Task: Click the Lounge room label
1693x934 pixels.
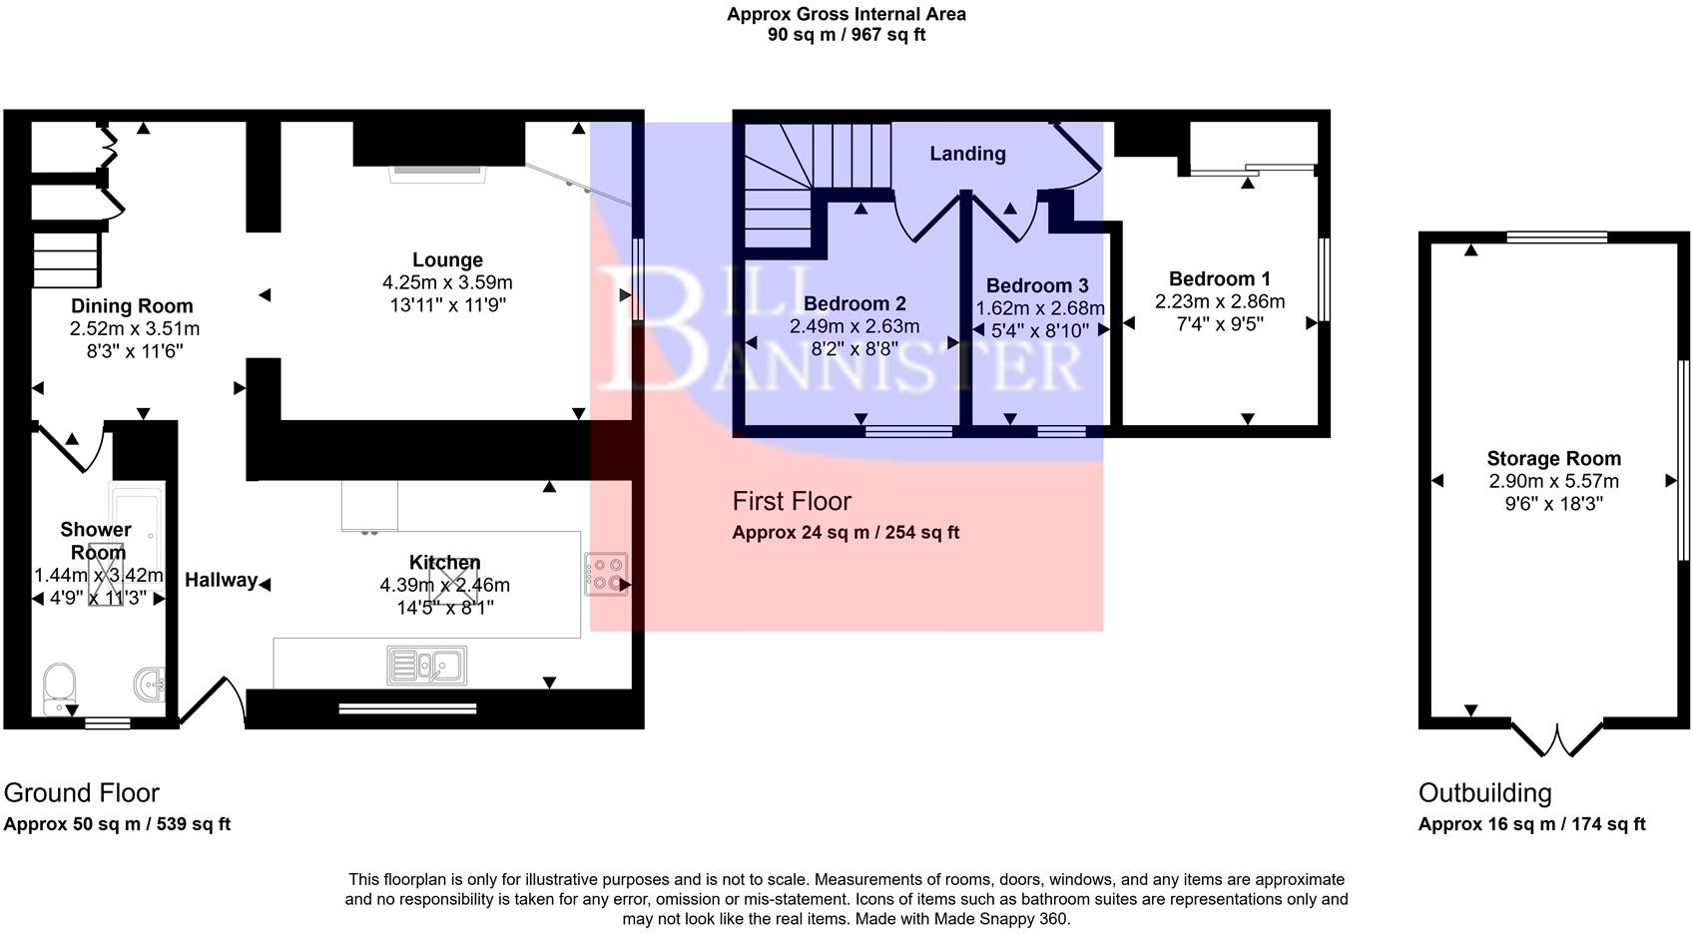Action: point(447,260)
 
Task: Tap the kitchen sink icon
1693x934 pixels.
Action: point(426,666)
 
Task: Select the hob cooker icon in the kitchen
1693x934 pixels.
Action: point(606,575)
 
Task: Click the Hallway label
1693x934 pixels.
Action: point(221,581)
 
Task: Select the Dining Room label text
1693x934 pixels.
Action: point(132,306)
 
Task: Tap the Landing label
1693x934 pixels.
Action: point(967,154)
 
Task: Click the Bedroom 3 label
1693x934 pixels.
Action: point(1037,286)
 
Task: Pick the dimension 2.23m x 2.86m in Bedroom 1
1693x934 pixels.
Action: point(1220,301)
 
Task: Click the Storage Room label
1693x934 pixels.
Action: point(1553,459)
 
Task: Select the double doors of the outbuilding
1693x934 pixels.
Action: point(1556,741)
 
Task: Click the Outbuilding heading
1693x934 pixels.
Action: point(1485,793)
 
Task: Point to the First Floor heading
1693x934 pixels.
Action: point(792,501)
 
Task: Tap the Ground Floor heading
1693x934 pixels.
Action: point(82,793)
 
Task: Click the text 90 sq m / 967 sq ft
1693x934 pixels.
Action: point(846,35)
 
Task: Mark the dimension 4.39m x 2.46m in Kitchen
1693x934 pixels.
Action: point(444,586)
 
